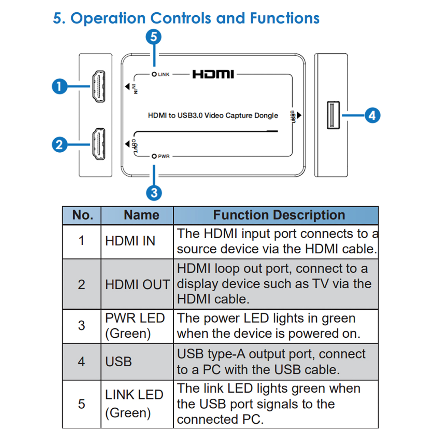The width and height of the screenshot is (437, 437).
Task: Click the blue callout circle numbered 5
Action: [154, 37]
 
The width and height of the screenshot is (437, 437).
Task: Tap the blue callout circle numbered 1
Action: [60, 86]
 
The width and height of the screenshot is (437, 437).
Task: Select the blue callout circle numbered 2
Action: [60, 144]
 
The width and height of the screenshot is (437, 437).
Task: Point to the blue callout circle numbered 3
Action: [154, 193]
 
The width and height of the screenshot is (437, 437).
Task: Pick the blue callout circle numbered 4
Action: [372, 115]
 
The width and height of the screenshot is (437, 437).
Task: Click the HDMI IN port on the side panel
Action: [99, 86]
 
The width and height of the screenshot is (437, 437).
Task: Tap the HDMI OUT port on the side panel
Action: [99, 144]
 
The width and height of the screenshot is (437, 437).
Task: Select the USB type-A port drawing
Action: [333, 115]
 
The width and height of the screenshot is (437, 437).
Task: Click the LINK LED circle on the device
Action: [154, 74]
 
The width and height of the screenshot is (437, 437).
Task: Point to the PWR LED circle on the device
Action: [154, 156]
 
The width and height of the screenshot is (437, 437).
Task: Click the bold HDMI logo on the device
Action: [213, 74]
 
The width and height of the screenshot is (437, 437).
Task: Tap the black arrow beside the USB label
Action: [299, 115]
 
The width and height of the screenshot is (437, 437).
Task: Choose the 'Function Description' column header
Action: [279, 215]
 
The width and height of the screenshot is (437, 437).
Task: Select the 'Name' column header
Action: [141, 215]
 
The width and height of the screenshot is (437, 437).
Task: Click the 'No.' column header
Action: [83, 215]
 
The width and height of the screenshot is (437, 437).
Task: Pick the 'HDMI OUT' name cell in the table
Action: [138, 284]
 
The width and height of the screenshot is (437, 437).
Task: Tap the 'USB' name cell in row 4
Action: [118, 362]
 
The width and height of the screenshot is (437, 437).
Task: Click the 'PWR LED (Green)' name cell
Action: [135, 326]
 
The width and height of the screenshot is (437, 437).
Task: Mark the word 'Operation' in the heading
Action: [108, 18]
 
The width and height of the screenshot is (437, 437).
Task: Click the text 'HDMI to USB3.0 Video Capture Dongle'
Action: [213, 115]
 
